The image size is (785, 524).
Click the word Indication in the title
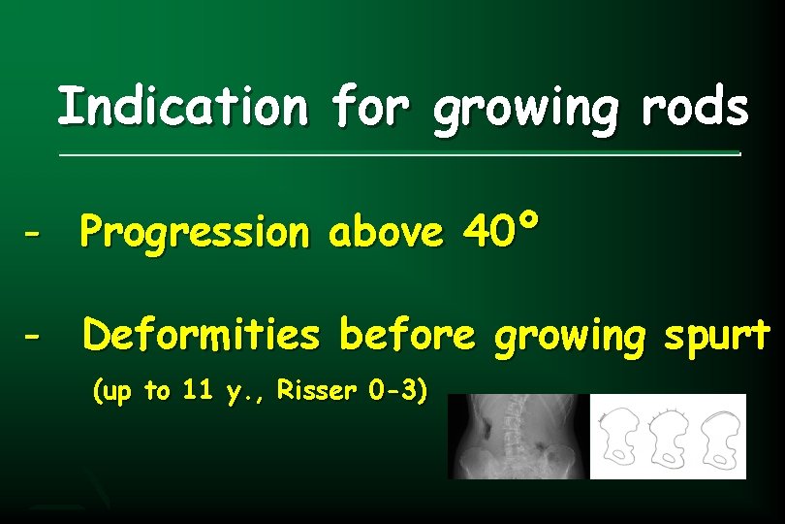[x=181, y=107]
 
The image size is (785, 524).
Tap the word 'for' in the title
[x=369, y=107]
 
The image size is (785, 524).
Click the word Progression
[x=194, y=233]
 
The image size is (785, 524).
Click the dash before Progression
[x=34, y=234]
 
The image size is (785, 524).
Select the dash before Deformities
[x=34, y=337]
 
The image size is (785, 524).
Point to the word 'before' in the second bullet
[x=407, y=336]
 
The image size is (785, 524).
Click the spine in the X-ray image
[x=522, y=432]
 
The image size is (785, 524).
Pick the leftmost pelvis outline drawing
[x=621, y=437]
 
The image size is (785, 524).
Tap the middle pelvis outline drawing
[x=668, y=437]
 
